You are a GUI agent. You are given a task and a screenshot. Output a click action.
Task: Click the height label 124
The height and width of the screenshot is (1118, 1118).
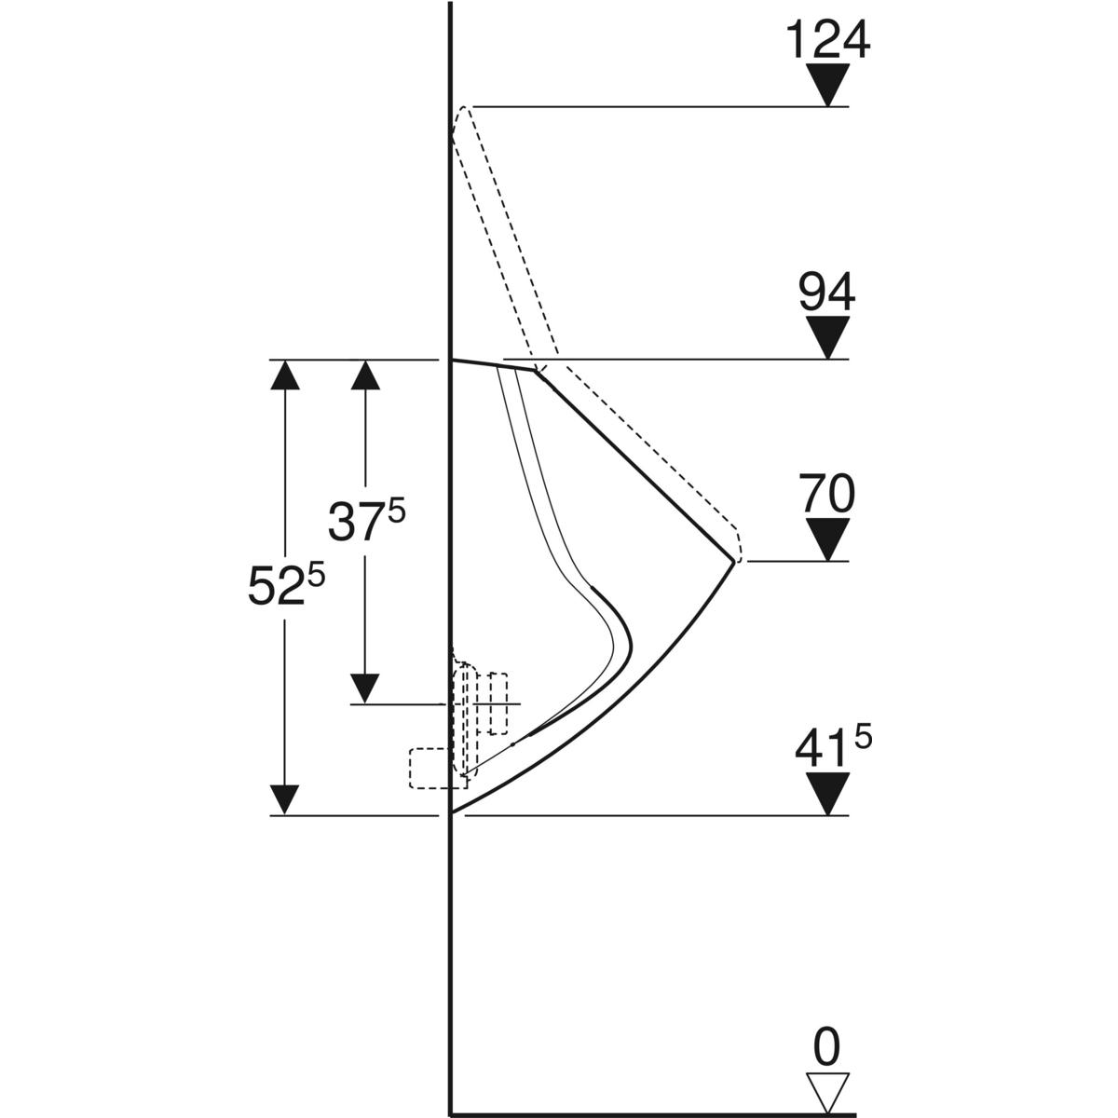(828, 39)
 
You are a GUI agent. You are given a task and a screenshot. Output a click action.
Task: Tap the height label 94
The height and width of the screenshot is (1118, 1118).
(827, 293)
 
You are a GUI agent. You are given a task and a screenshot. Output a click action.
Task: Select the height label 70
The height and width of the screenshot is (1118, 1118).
(827, 494)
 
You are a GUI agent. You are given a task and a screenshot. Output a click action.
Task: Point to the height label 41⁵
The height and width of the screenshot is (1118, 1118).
(833, 747)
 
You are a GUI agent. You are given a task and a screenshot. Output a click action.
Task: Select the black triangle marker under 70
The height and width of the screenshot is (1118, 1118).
(828, 539)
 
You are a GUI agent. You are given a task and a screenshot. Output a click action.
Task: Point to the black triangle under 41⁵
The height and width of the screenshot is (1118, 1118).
(828, 794)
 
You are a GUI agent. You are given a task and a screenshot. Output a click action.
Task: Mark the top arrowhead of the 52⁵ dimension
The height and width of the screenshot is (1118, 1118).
(285, 375)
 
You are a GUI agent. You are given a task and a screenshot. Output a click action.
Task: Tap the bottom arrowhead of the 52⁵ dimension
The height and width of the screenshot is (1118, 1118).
(285, 800)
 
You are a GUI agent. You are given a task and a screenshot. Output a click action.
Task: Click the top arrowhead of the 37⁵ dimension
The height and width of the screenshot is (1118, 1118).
(365, 375)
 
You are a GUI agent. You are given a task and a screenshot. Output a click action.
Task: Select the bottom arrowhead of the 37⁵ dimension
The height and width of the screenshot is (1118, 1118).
(365, 689)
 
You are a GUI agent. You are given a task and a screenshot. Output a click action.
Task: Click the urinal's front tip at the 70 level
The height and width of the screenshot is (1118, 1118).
(734, 561)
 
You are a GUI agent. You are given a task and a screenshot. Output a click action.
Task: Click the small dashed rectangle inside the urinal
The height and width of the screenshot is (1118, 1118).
(498, 703)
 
